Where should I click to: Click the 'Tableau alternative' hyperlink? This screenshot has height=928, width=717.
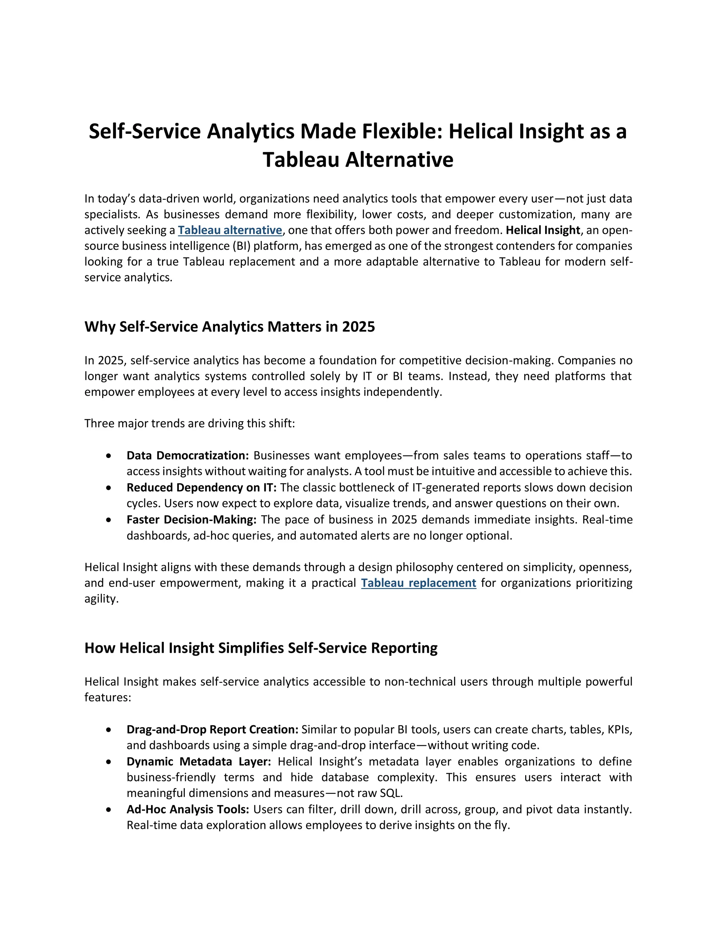pyautogui.click(x=230, y=230)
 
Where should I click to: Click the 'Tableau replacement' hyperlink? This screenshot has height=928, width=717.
pyautogui.click(x=418, y=583)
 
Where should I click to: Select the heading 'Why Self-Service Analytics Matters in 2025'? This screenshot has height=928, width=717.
pyautogui.click(x=229, y=327)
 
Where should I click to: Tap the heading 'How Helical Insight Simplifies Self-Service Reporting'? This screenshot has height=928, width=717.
pyautogui.click(x=261, y=648)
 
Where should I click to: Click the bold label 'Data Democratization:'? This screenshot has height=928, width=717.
pyautogui.click(x=187, y=456)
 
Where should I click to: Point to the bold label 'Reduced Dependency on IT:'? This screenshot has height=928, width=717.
pyautogui.click(x=201, y=487)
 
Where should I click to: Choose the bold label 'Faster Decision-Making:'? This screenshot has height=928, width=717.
pyautogui.click(x=191, y=520)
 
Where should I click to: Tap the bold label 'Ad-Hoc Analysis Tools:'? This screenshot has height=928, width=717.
pyautogui.click(x=187, y=809)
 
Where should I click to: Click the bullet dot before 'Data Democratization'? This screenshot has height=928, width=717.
pyautogui.click(x=109, y=456)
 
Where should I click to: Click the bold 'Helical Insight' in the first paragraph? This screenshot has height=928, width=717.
pyautogui.click(x=542, y=230)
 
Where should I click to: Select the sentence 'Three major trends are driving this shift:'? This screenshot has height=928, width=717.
pyautogui.click(x=189, y=424)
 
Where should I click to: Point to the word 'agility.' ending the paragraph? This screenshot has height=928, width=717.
pyautogui.click(x=102, y=599)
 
